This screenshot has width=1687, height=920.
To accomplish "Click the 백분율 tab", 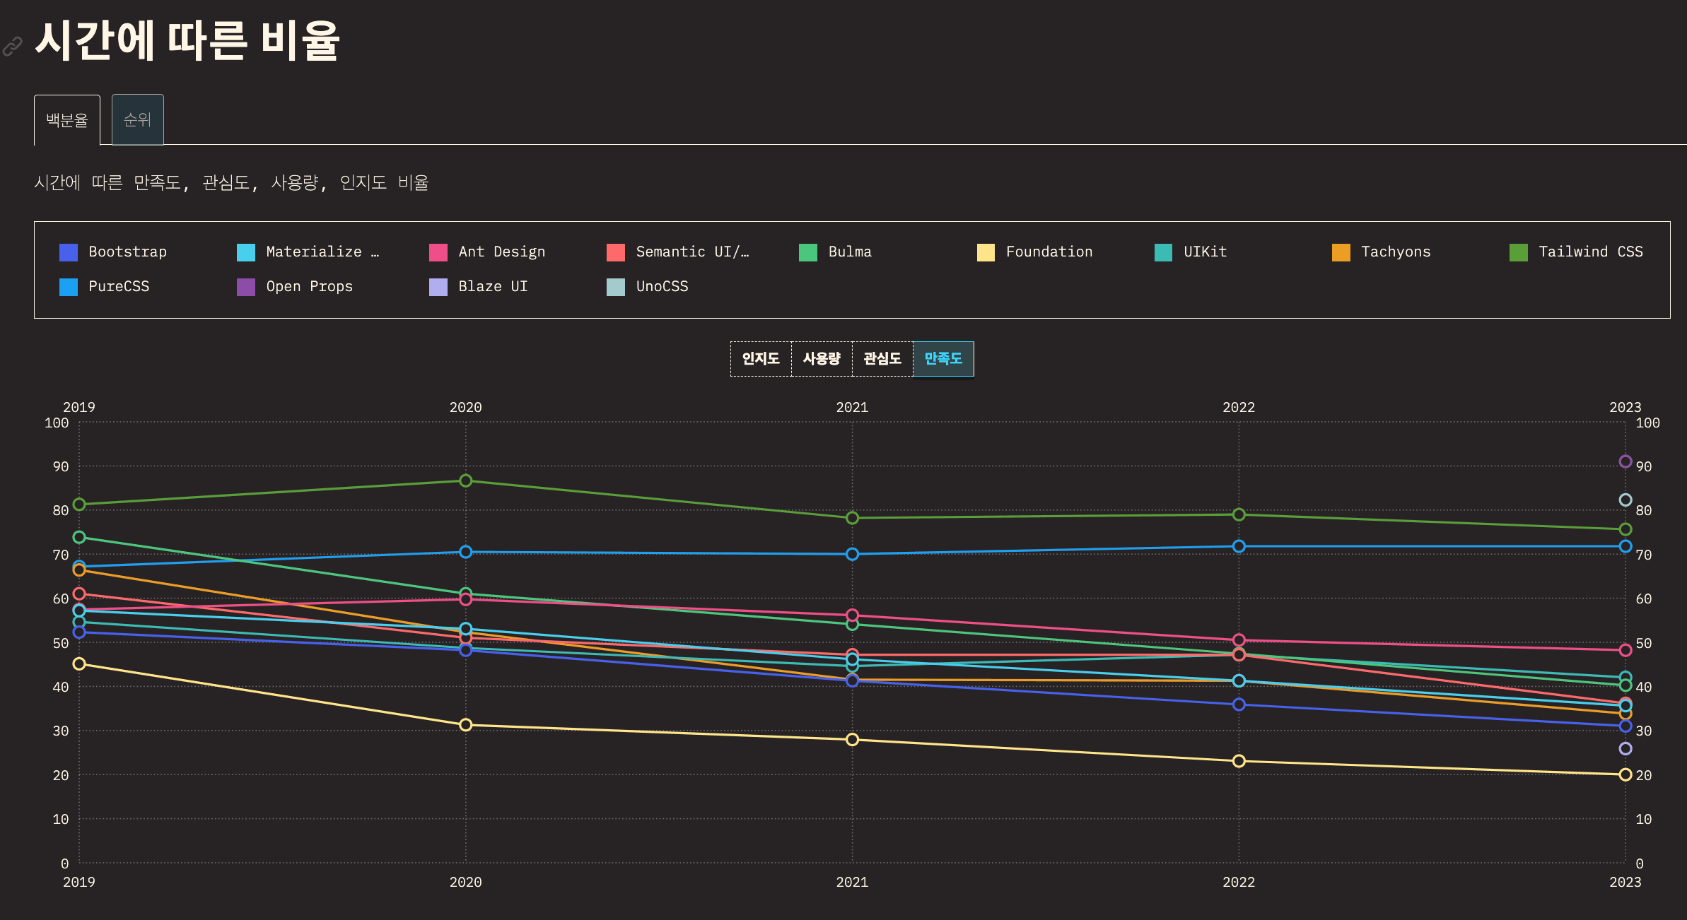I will click(x=67, y=120).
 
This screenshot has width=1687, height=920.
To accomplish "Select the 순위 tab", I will click(x=138, y=120).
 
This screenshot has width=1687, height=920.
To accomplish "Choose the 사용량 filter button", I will click(x=822, y=359).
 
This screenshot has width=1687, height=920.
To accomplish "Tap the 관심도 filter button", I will click(x=882, y=359).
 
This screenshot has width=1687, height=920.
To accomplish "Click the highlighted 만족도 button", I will click(x=943, y=359).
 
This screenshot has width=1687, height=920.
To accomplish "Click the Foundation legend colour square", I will click(x=986, y=252).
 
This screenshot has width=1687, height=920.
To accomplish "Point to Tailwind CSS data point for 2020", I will click(x=465, y=481).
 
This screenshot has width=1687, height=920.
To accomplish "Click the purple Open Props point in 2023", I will click(x=1625, y=462).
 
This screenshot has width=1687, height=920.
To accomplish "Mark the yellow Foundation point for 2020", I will click(x=465, y=725).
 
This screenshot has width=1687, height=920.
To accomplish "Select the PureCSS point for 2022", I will click(x=1239, y=546).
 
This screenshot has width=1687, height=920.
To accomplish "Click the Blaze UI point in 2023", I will click(x=1625, y=749).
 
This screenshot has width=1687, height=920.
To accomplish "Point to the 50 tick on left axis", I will click(x=61, y=644).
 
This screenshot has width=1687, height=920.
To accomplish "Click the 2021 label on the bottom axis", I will click(x=852, y=883).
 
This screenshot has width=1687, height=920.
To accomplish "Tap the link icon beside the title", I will click(x=13, y=47).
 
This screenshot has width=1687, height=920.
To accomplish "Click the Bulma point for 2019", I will click(x=79, y=538).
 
